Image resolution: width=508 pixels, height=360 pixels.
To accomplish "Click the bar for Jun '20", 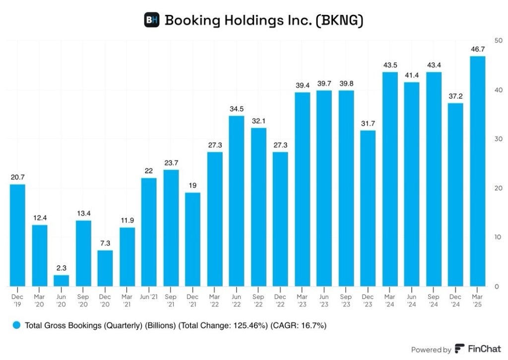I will coord(62,281).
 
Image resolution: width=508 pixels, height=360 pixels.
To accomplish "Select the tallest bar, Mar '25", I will coord(477,171).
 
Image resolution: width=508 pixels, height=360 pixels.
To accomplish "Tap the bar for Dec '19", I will coord(18,235).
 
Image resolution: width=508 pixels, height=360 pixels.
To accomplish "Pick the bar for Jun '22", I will coord(236,201).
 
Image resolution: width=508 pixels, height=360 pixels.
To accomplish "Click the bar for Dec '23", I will coord(368,209).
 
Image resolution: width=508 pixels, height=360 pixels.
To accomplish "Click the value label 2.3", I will coord(62,268).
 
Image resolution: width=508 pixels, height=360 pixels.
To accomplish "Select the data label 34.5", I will coord(236,109).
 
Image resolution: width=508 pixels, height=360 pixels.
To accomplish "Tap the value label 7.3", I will coord(105,243).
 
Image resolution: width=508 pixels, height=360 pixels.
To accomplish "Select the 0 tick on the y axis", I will coord(497,287).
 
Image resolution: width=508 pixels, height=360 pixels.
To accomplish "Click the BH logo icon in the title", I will coord(152,20).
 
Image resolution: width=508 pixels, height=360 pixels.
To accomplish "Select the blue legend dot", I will coord(17,326).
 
